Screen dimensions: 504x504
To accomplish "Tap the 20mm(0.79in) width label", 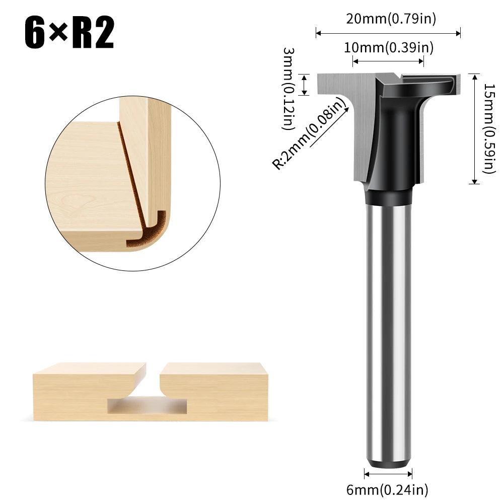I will [391, 19].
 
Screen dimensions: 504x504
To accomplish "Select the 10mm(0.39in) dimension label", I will [388, 48].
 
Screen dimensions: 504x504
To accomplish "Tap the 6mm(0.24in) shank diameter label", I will [388, 488].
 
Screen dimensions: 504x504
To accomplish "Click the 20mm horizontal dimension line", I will [388, 34].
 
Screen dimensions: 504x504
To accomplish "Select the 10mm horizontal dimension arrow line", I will [388, 61].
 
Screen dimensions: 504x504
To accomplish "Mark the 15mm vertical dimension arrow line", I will [473, 128].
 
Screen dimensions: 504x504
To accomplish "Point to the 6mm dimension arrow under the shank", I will [388, 474].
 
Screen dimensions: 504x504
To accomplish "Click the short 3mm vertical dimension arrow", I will [304, 85].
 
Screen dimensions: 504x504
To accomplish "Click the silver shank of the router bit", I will [388, 327].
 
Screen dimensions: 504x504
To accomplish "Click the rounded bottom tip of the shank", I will [388, 463].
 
